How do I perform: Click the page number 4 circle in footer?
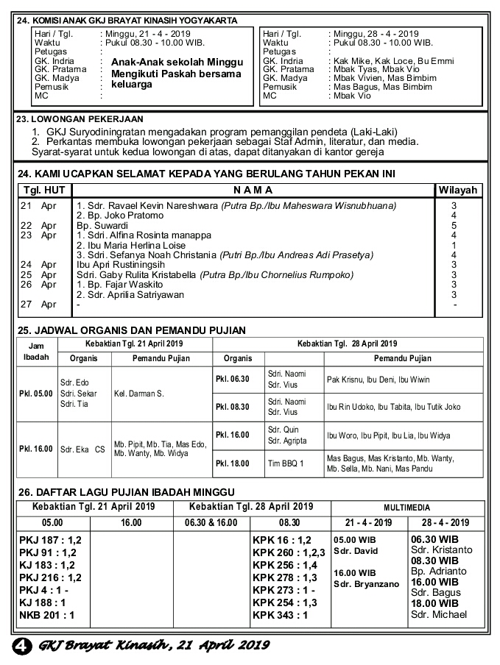[23, 645]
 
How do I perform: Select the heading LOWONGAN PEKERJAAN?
[87, 119]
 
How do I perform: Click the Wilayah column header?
[458, 190]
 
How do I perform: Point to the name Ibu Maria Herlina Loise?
[131, 246]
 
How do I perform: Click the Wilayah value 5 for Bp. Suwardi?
[454, 225]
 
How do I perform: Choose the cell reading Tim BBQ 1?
[286, 463]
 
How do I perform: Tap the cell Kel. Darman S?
[139, 394]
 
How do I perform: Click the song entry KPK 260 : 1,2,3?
[289, 552]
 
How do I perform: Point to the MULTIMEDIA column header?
[406, 508]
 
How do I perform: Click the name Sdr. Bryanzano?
[366, 584]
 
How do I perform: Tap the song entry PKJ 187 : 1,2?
[50, 540]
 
